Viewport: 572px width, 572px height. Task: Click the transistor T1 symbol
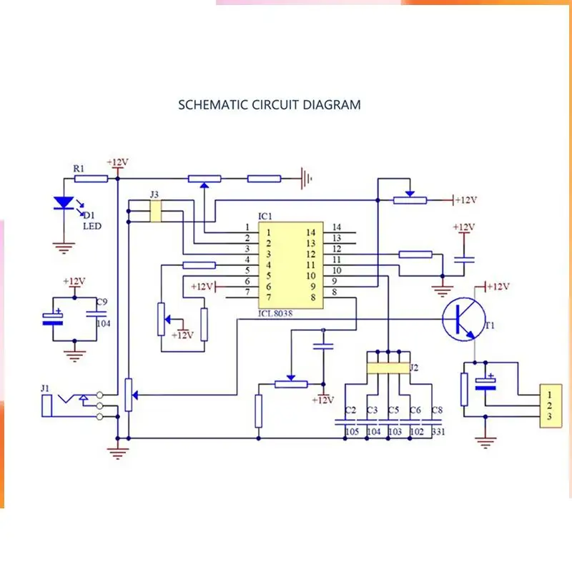pyautogui.click(x=463, y=319)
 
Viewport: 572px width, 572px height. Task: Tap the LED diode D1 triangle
pyautogui.click(x=64, y=202)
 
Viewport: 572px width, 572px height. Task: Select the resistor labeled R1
pyautogui.click(x=91, y=179)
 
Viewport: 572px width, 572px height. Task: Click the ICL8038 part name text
pyautogui.click(x=275, y=313)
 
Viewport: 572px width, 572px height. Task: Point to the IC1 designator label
pyautogui.click(x=265, y=217)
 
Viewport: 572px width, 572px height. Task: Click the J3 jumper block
pyautogui.click(x=156, y=211)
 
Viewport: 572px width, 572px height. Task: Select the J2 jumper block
pyautogui.click(x=388, y=368)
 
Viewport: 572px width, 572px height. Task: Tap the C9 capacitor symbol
pyautogui.click(x=97, y=313)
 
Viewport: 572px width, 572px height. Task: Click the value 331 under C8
pyautogui.click(x=438, y=432)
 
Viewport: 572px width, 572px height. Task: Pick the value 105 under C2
pyautogui.click(x=352, y=432)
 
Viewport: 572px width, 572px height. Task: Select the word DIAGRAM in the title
pyautogui.click(x=332, y=105)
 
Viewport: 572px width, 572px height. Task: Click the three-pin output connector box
pyautogui.click(x=551, y=405)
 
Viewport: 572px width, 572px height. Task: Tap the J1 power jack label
pyautogui.click(x=45, y=388)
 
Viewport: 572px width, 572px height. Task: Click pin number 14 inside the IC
pyautogui.click(x=311, y=232)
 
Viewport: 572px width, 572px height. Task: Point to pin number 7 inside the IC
pyautogui.click(x=269, y=297)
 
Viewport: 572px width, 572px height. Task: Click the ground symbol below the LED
pyautogui.click(x=64, y=248)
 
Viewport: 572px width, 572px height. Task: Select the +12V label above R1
pyautogui.click(x=117, y=162)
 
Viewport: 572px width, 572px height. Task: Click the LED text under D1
pyautogui.click(x=92, y=226)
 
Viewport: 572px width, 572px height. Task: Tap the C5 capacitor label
pyautogui.click(x=394, y=410)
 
